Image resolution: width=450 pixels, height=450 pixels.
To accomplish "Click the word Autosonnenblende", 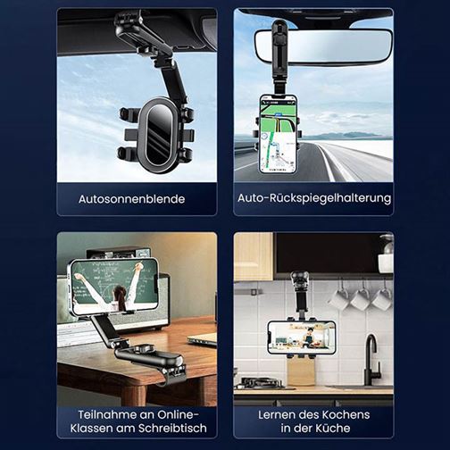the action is pyautogui.click(x=131, y=199).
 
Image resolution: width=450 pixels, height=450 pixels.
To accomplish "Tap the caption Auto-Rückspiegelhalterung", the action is pyautogui.click(x=314, y=198).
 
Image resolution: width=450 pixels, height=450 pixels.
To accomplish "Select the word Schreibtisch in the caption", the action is pyautogui.click(x=172, y=428).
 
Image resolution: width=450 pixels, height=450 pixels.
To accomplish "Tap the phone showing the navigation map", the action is pyautogui.click(x=278, y=134).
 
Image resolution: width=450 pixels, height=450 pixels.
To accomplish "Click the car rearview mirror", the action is pyautogui.click(x=323, y=47).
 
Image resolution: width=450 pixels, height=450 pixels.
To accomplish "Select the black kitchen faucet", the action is pyautogui.click(x=371, y=361).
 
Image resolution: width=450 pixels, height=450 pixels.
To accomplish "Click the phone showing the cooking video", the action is pyautogui.click(x=302, y=337).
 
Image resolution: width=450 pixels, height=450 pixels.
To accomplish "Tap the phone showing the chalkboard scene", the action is pyautogui.click(x=113, y=287).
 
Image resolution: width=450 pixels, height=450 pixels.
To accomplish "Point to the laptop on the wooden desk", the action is pyautogui.click(x=203, y=339).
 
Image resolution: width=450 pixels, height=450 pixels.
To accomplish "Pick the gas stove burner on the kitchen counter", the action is pyautogui.click(x=261, y=383).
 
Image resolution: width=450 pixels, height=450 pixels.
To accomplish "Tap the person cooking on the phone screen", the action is pyautogui.click(x=310, y=337).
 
